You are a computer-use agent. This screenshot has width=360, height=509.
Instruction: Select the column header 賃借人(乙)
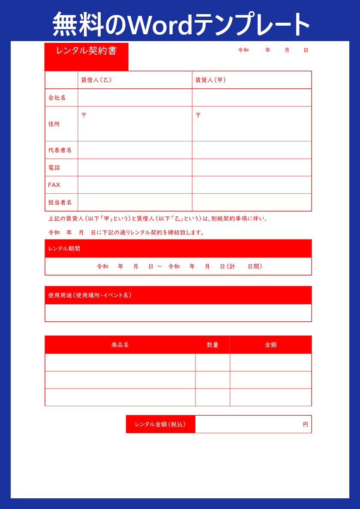97,80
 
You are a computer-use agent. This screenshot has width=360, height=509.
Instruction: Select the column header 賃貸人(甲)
211,80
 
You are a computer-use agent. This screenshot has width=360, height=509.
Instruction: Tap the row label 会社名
57,98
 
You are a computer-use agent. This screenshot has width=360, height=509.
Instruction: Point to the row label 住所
54,124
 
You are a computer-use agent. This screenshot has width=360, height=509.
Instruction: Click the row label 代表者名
60,150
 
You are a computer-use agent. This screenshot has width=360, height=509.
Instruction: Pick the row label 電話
54,168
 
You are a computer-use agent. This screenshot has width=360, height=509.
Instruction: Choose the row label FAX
54,185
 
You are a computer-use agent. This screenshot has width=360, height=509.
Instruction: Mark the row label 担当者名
60,202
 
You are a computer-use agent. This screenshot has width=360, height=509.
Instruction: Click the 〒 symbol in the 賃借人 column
84,115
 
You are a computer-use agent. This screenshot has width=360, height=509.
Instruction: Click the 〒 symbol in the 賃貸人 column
198,115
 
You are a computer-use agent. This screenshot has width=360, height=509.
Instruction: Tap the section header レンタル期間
64,249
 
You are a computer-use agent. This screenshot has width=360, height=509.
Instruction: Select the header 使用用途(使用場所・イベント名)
90,295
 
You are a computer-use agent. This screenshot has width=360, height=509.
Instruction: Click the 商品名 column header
120,345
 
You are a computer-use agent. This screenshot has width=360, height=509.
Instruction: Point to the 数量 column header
213,345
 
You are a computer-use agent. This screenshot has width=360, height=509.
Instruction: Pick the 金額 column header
271,345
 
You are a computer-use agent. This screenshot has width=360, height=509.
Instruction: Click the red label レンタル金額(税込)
160,424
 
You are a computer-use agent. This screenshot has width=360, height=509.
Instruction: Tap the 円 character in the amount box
306,425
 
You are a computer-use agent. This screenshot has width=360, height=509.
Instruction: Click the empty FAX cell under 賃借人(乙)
135,185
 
